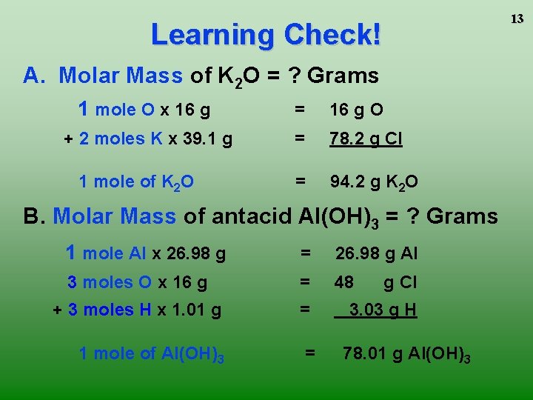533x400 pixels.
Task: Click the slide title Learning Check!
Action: (x=266, y=34)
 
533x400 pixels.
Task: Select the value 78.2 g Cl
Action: (x=366, y=139)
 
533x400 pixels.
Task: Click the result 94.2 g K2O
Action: (x=374, y=181)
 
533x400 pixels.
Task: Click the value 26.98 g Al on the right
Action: (x=376, y=253)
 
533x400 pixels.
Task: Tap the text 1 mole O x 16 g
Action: (x=144, y=110)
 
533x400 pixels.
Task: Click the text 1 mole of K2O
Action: (x=137, y=182)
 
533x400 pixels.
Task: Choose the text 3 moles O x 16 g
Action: (x=137, y=282)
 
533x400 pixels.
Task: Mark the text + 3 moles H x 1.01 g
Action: (x=137, y=310)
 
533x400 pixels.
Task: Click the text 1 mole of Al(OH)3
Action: (x=151, y=354)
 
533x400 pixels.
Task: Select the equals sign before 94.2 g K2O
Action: (x=299, y=181)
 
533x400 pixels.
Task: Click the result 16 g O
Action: (x=356, y=110)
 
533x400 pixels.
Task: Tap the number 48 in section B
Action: (x=344, y=282)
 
